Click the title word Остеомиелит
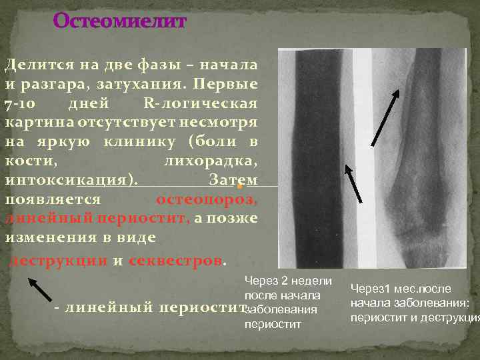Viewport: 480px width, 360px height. tap(120, 21)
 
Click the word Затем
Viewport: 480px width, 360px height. tap(233, 181)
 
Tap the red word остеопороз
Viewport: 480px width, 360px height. tap(207, 200)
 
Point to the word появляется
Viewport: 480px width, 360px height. tap(53, 200)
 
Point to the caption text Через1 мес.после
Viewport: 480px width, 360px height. tap(401, 289)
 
